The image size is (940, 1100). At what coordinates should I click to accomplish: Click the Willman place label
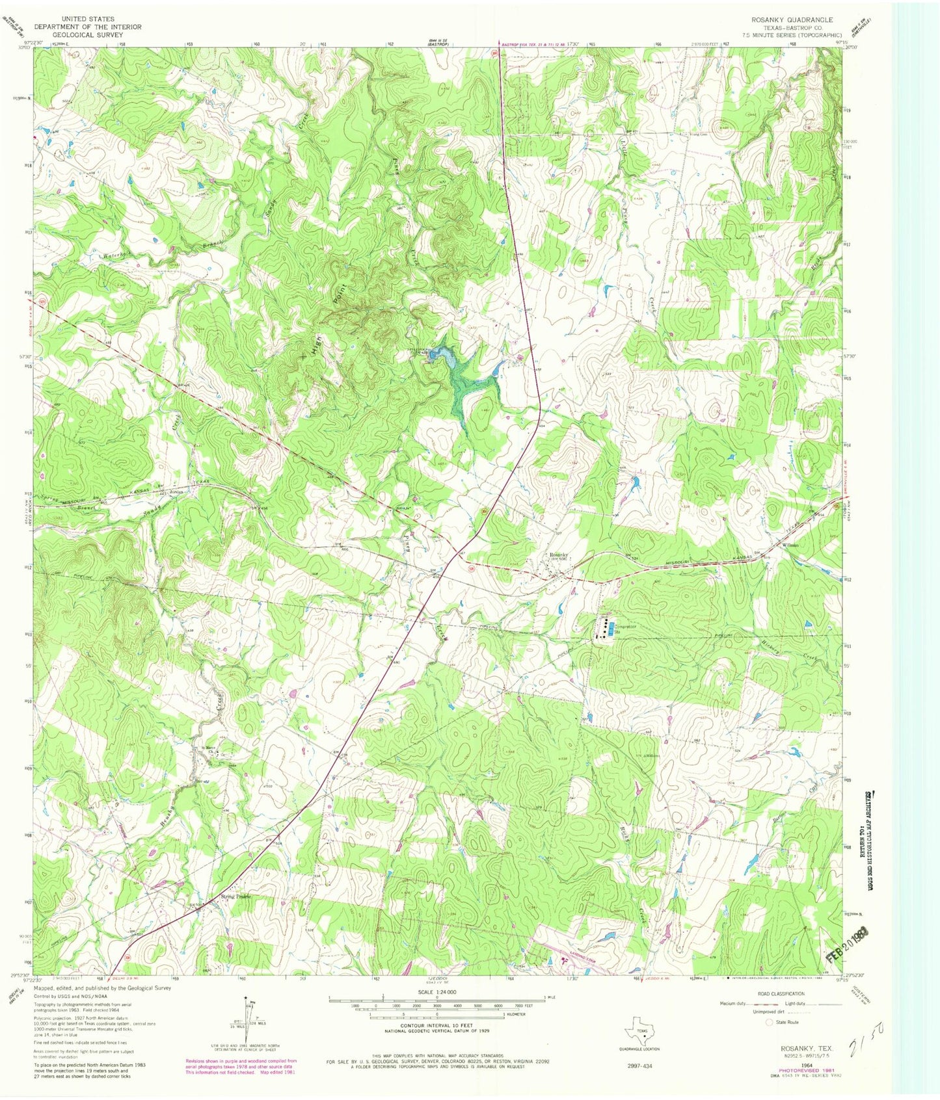(790, 545)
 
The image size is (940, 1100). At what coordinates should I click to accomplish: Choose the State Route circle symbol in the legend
(769, 1022)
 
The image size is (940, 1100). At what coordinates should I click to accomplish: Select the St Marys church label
(208, 748)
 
